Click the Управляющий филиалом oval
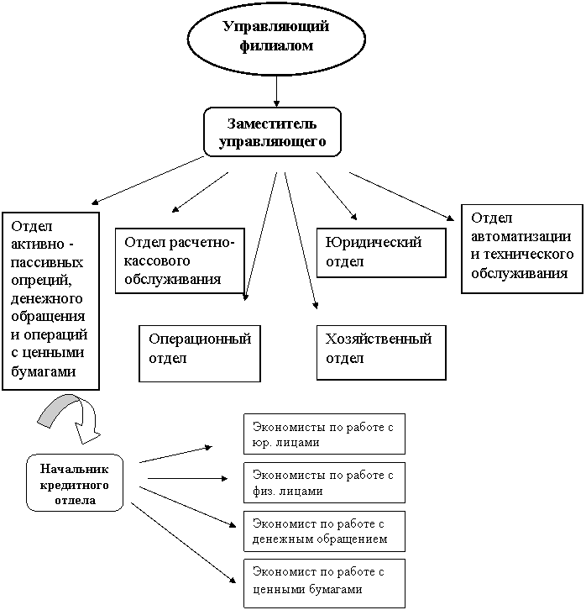coord(276,37)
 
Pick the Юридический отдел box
coord(380,252)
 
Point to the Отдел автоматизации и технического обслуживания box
coord(521,245)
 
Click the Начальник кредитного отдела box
coord(74,482)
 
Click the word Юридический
coord(374,243)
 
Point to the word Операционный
coord(199,339)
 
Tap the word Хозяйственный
coord(379,339)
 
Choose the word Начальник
coord(74,469)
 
